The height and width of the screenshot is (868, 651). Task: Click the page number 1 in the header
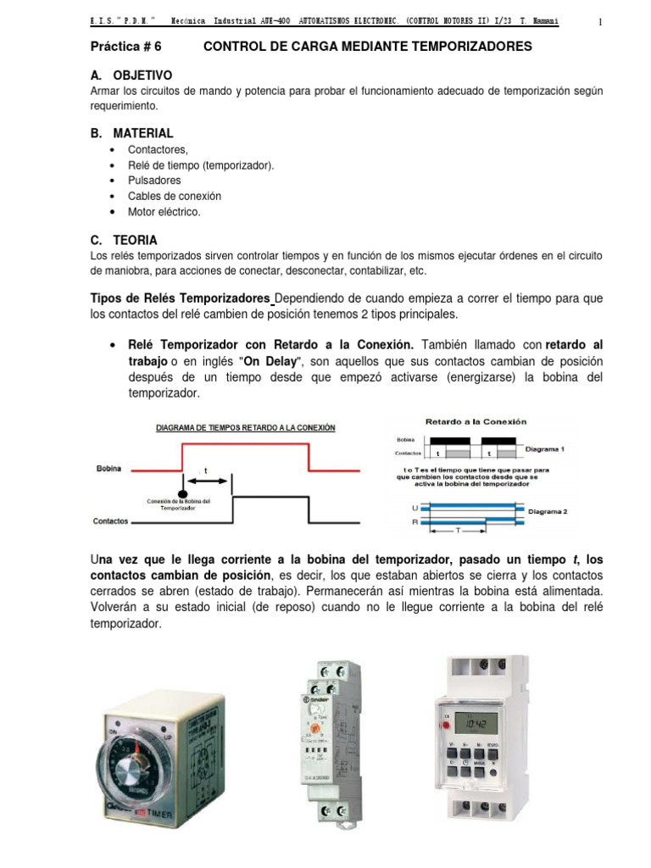point(599,22)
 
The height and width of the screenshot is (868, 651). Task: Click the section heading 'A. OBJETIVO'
point(131,75)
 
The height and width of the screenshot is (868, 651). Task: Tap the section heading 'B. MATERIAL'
point(131,133)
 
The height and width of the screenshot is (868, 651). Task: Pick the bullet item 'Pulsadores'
point(154,181)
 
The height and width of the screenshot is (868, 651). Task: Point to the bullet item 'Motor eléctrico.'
point(164,212)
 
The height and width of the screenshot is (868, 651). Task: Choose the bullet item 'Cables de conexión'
point(168,196)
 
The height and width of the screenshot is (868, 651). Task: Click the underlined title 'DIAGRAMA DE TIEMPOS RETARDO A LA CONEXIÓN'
point(244,428)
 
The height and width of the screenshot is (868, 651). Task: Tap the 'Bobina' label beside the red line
point(108,468)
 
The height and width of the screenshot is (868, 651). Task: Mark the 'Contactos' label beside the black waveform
point(110,520)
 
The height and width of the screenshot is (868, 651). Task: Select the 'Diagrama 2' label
point(548,512)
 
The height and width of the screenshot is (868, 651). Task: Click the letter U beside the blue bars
point(415,506)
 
